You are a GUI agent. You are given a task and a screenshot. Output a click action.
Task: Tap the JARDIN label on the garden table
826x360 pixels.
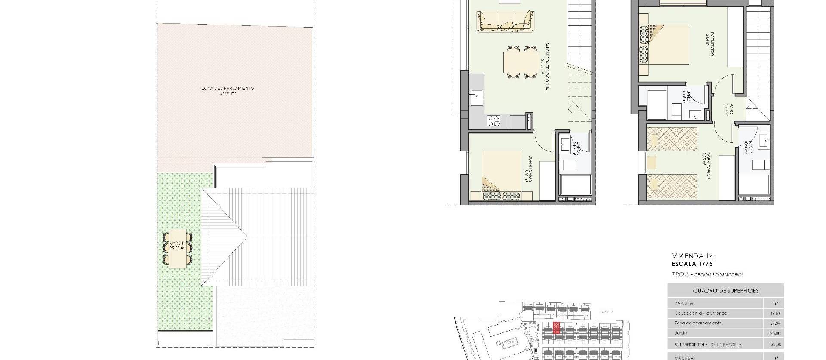[x=178, y=246]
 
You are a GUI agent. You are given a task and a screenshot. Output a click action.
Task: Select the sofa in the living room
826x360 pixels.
[x=505, y=21]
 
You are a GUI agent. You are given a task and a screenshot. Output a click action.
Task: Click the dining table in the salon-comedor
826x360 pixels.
[x=521, y=63]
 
